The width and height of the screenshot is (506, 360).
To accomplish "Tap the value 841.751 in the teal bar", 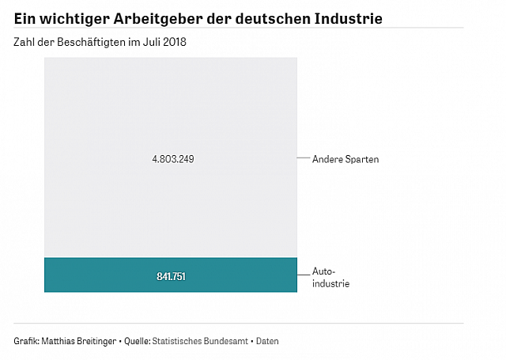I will coord(171,276).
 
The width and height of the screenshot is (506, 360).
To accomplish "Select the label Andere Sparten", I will coord(346,159).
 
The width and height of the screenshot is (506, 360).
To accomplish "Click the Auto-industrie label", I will coord(330,277).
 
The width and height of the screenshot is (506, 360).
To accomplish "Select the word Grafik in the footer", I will coord(27,341).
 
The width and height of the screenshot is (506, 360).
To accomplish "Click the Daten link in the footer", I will coord(266,341).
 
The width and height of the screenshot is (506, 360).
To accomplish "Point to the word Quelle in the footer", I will coord(136,341).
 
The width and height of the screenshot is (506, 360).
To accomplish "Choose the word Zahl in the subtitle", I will coord(24,41).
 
